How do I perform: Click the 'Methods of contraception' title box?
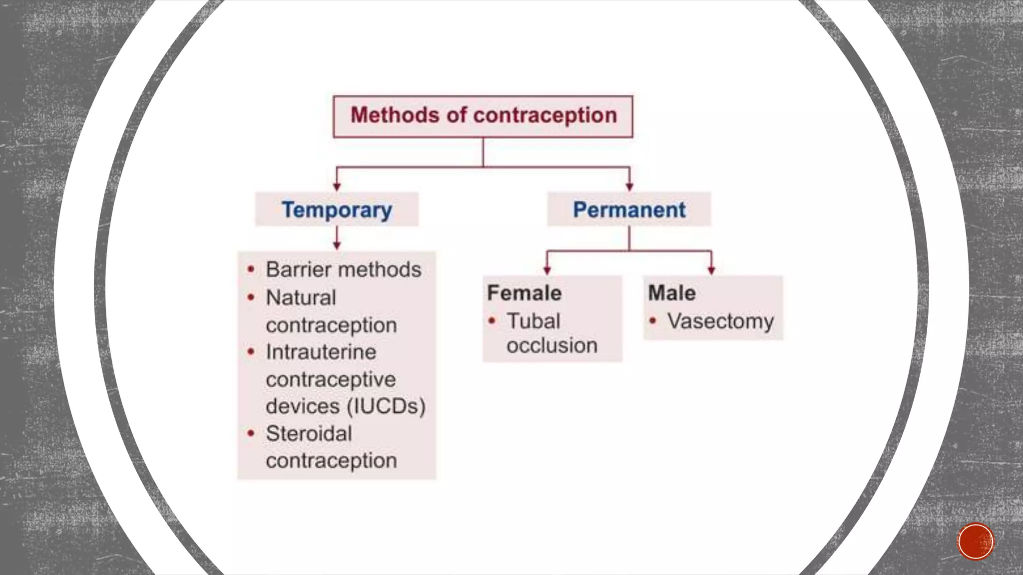pyautogui.click(x=483, y=116)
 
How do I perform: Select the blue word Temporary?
pyautogui.click(x=337, y=210)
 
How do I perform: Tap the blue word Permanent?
pyautogui.click(x=629, y=210)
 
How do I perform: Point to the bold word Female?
pyautogui.click(x=524, y=293)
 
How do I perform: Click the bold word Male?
pyautogui.click(x=671, y=293)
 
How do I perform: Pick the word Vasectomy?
pyautogui.click(x=720, y=321)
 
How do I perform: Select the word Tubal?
pyautogui.click(x=533, y=321)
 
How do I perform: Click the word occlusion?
pyautogui.click(x=552, y=345)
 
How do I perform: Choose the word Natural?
pyautogui.click(x=301, y=298)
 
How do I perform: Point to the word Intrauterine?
pyautogui.click(x=321, y=352)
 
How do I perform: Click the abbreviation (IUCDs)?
pyautogui.click(x=386, y=406)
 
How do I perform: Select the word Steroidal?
pyautogui.click(x=309, y=434)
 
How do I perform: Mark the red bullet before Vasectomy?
pyautogui.click(x=652, y=321)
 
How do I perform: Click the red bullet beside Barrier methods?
pyautogui.click(x=251, y=270)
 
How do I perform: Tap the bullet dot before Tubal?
pyautogui.click(x=492, y=321)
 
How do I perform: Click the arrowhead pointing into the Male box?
pyautogui.click(x=711, y=270)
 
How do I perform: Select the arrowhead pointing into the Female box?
pyautogui.click(x=547, y=270)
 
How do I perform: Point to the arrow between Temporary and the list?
pyautogui.click(x=337, y=239)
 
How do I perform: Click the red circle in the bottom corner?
pyautogui.click(x=976, y=542)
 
